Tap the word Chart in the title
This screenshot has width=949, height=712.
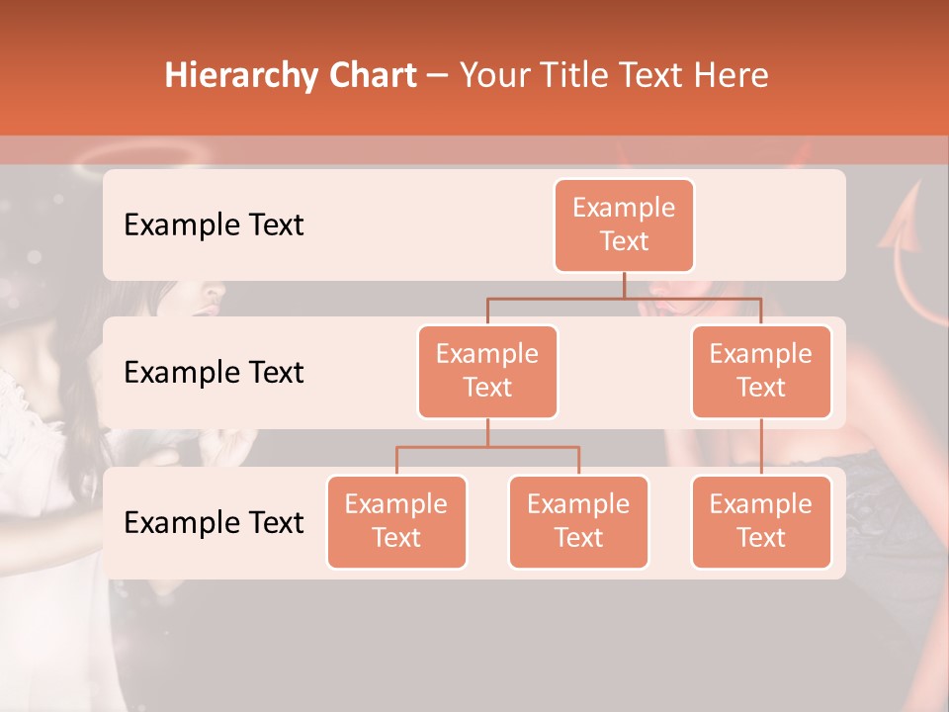pyautogui.click(x=371, y=76)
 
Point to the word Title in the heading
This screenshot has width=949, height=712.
pyautogui.click(x=575, y=76)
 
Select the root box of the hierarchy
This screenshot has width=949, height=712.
pyautogui.click(x=624, y=224)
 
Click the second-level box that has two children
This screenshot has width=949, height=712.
pyautogui.click(x=487, y=371)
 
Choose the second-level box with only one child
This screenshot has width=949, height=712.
pyautogui.click(x=761, y=371)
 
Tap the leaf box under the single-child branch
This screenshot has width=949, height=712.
pyautogui.click(x=761, y=521)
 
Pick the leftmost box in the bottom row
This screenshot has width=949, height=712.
pyautogui.click(x=396, y=521)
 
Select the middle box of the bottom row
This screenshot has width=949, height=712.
pyautogui.click(x=578, y=521)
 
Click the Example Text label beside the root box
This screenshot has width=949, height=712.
pyautogui.click(x=214, y=224)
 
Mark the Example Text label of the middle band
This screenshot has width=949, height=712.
pyautogui.click(x=214, y=372)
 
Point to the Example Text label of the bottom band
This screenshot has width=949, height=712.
pyautogui.click(x=214, y=522)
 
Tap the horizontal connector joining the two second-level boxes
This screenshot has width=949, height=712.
pyautogui.click(x=624, y=298)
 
